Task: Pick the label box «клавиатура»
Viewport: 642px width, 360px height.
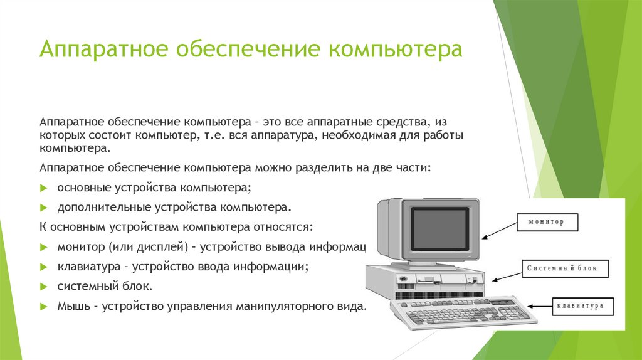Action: (x=580, y=306)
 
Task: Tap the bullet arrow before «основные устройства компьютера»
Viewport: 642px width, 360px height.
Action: (x=43, y=188)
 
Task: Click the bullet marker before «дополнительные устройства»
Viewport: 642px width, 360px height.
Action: (x=43, y=206)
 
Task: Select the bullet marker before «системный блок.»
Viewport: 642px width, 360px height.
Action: (x=43, y=286)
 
